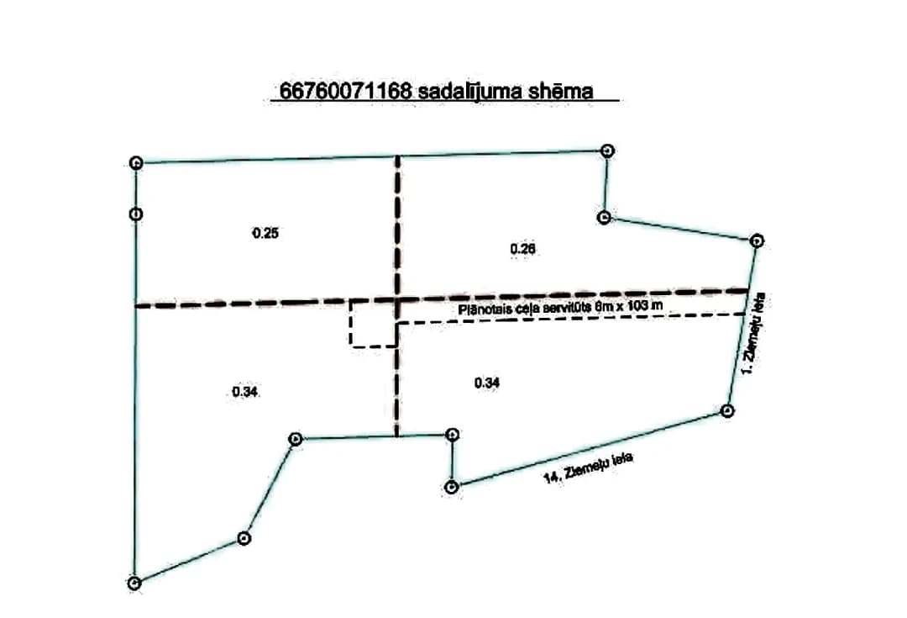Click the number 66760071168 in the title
(345, 91)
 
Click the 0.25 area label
(265, 233)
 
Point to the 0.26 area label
(523, 249)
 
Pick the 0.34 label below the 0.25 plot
(244, 392)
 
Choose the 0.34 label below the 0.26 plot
(487, 383)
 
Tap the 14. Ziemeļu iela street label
(588, 468)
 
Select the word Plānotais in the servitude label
(483, 309)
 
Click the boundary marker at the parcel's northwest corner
(136, 163)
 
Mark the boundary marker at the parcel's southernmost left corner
(134, 583)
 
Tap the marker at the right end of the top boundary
(606, 151)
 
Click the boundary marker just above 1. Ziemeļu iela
(757, 240)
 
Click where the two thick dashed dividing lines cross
(397, 299)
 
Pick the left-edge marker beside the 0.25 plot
(135, 214)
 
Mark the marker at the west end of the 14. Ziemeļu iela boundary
(453, 487)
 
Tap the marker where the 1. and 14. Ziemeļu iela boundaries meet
(727, 410)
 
